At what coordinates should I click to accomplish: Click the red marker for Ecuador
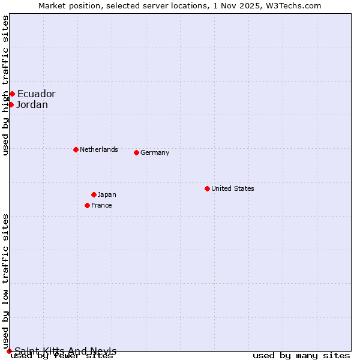tap(12, 94)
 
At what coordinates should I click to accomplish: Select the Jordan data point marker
tap(11, 105)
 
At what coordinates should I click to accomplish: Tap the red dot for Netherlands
tap(76, 149)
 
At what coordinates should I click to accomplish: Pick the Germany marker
tap(136, 152)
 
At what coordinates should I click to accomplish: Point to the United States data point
tap(207, 188)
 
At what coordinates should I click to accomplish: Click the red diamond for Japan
tap(94, 194)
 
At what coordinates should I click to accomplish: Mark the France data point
tap(87, 205)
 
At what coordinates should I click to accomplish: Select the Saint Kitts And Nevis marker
tap(9, 351)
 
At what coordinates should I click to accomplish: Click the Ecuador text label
tap(36, 94)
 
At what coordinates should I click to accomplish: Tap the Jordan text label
tap(32, 105)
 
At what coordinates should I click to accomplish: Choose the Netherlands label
tap(99, 149)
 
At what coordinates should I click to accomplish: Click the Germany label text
tap(155, 152)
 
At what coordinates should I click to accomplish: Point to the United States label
tap(233, 188)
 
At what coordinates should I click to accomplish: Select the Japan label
tap(107, 194)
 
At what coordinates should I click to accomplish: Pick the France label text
tap(101, 205)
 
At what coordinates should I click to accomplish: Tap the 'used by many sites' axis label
tap(301, 356)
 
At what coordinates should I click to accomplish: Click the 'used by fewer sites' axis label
tap(62, 356)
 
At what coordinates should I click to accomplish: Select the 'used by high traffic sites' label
tap(6, 85)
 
